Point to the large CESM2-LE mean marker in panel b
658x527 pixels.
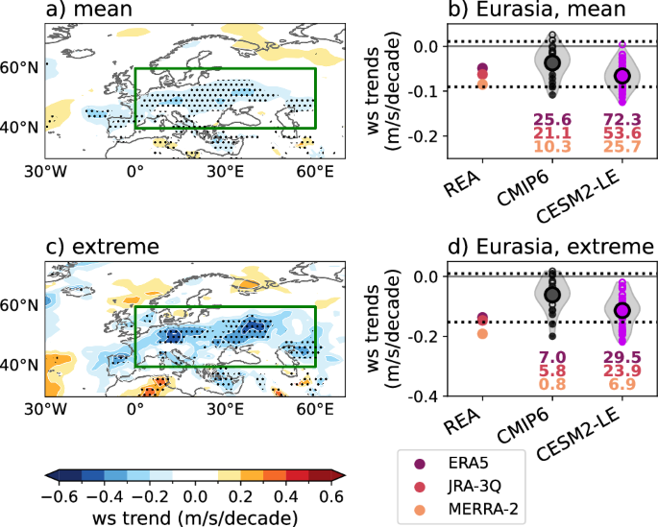pos(621,75)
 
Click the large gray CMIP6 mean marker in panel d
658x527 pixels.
pos(551,295)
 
